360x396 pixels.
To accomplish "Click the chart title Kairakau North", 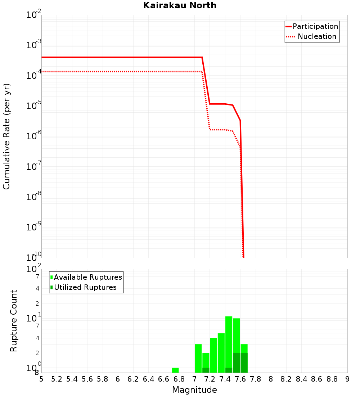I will pyautogui.click(x=180, y=5).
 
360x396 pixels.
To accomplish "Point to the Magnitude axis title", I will pyautogui.click(x=194, y=390).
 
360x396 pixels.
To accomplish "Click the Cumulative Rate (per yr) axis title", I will pyautogui.click(x=6, y=136).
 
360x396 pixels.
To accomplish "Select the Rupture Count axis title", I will pyautogui.click(x=14, y=321).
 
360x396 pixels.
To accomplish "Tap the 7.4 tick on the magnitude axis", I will pyautogui.click(x=225, y=379).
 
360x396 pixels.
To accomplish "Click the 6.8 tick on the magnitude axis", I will pyautogui.click(x=179, y=379).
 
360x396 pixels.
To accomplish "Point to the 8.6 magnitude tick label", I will pyautogui.click(x=317, y=379).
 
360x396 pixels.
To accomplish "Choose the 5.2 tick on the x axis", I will pyautogui.click(x=57, y=379).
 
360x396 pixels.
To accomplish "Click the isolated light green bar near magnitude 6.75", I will pyautogui.click(x=175, y=370).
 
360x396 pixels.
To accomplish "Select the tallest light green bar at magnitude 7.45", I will pyautogui.click(x=229, y=342).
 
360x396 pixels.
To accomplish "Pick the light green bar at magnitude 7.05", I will pyautogui.click(x=198, y=358).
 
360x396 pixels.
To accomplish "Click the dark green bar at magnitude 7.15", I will pyautogui.click(x=206, y=370).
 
